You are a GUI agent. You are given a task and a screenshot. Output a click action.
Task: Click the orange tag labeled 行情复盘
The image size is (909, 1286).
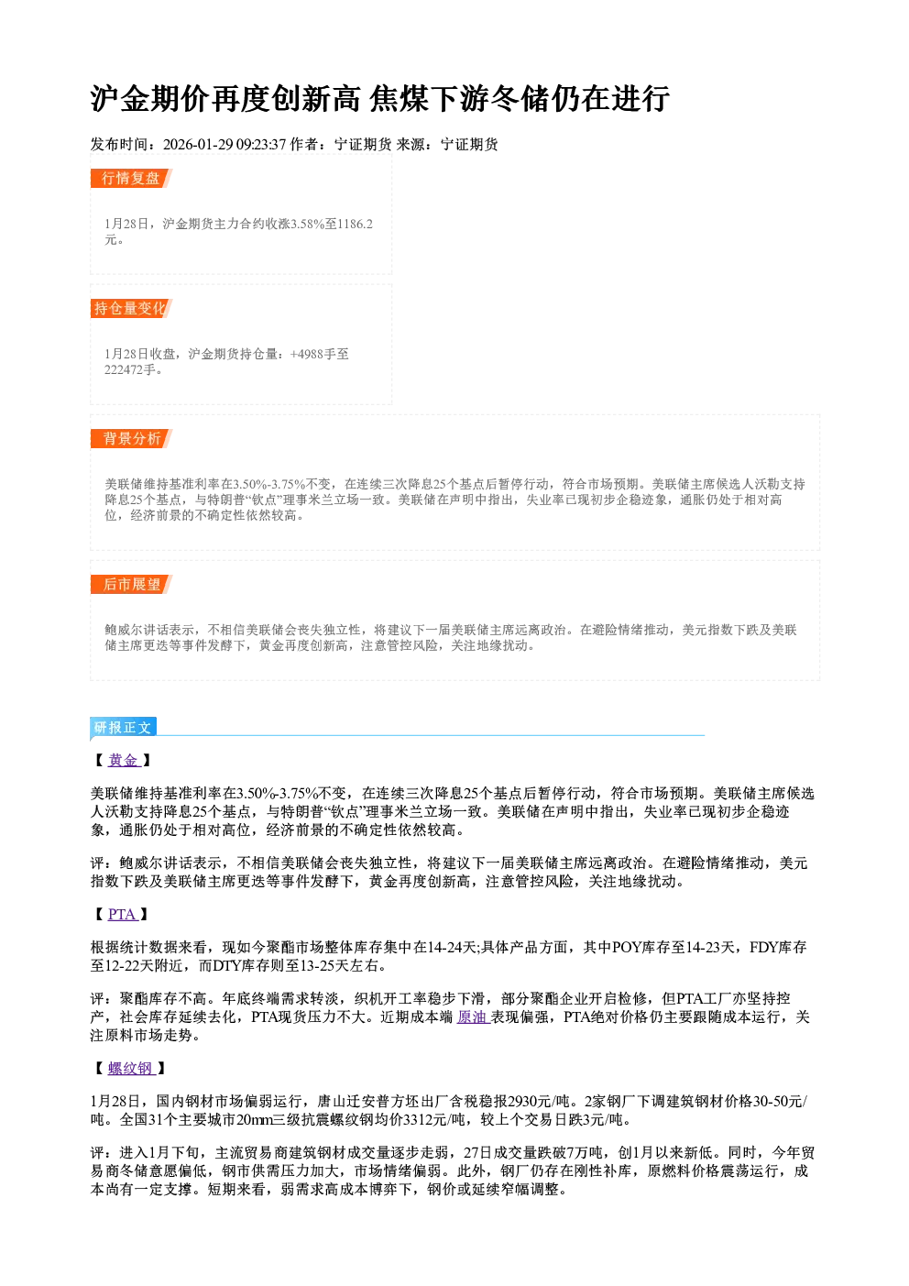coord(131,179)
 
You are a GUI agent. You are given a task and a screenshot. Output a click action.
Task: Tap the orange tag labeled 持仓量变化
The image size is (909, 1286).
coord(131,309)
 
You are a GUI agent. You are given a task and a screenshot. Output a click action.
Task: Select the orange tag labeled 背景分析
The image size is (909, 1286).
coord(131,439)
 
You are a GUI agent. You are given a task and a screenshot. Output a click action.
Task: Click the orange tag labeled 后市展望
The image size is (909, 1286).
coord(131,585)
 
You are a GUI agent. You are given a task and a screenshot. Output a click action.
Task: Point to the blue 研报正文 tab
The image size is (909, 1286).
coord(124,728)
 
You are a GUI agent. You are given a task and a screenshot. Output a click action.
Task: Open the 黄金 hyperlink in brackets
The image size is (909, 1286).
coord(124,761)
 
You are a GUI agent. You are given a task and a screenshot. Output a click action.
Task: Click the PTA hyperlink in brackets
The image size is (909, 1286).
coord(122,915)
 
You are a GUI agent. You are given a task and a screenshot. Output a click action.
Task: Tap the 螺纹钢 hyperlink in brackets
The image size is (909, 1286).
coord(131,1069)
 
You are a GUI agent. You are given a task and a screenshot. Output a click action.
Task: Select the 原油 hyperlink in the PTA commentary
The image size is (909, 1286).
coord(472,1017)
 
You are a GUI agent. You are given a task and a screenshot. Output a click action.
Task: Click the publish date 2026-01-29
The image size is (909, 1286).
coord(198,145)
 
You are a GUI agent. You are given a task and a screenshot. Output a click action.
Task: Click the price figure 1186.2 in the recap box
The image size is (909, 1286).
coord(355,225)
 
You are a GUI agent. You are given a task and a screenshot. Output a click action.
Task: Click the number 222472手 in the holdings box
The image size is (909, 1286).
coord(130,370)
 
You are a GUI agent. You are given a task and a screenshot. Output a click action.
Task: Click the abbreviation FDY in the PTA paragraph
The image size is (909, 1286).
coord(763,948)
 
